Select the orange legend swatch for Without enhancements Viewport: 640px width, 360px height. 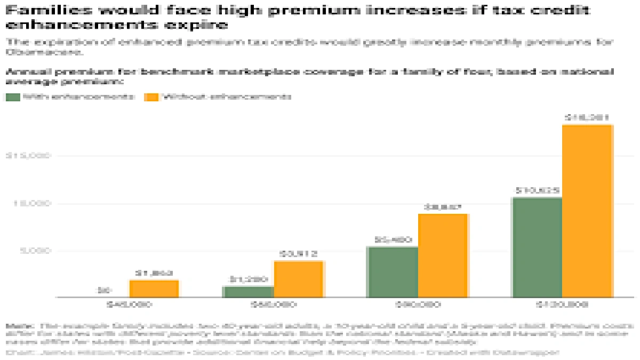point(152,97)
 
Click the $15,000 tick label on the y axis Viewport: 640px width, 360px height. point(27,156)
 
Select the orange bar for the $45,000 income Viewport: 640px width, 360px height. point(154,289)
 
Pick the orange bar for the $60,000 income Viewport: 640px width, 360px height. point(299,279)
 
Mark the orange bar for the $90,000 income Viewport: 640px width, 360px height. point(443,255)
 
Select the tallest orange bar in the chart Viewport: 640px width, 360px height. point(587,211)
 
